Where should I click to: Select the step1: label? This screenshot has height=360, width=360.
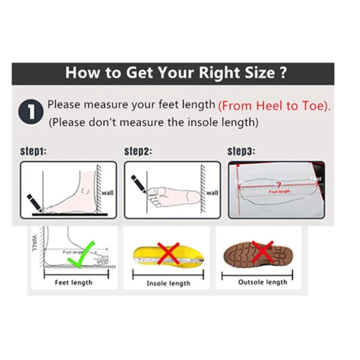point(33,151)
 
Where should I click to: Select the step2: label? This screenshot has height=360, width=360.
point(138,151)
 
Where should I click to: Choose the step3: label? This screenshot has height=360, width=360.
point(241,151)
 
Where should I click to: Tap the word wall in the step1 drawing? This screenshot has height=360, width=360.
point(108,193)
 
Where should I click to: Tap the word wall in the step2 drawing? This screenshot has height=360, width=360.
point(212,193)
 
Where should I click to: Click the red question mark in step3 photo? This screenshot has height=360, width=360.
point(279,184)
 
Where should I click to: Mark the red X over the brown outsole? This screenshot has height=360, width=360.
point(262,251)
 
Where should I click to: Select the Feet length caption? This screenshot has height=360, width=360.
point(73,283)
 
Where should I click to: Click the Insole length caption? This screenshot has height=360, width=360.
point(168,283)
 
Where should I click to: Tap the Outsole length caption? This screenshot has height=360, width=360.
point(262,282)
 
